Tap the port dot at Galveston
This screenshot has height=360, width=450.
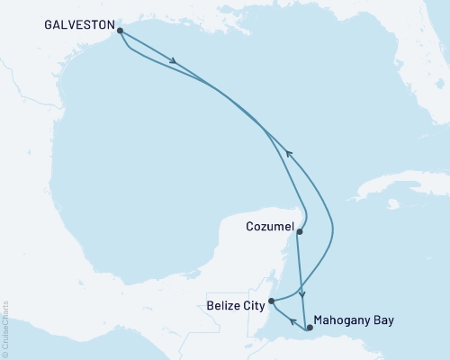tap(120, 29)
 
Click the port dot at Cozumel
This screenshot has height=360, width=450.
tap(300, 232)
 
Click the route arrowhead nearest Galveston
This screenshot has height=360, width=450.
tap(172, 63)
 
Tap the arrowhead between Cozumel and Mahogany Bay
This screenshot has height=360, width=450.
tap(303, 294)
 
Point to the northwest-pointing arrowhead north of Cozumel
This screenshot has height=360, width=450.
tap(288, 152)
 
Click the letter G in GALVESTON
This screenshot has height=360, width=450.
tap(49, 27)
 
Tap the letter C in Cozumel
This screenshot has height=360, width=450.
tap(250, 228)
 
